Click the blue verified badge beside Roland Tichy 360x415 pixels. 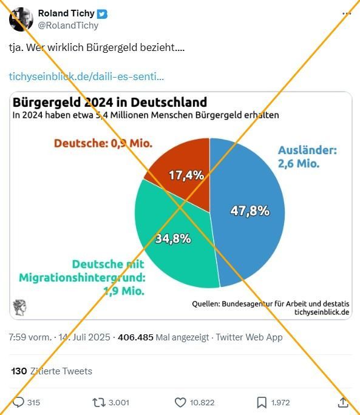pos(102,14)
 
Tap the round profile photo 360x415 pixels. pos(21,19)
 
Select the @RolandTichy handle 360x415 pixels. pos(68,25)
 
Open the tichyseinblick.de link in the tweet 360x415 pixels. pos(86,76)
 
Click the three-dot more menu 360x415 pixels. pos(347,13)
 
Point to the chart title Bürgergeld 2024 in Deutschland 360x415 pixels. pos(110,102)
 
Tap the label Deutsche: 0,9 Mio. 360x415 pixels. pos(103,143)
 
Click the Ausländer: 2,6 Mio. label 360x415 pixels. pos(307,157)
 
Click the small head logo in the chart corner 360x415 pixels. pos(20,307)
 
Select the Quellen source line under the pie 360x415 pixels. pos(271,303)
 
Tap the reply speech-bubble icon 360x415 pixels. pos(18,402)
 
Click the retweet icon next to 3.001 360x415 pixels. pos(99,402)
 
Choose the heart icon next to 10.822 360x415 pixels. pos(180,402)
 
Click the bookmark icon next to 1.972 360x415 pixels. pos(262,402)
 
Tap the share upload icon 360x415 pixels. pos(343,402)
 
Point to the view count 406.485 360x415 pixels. pos(135,337)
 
